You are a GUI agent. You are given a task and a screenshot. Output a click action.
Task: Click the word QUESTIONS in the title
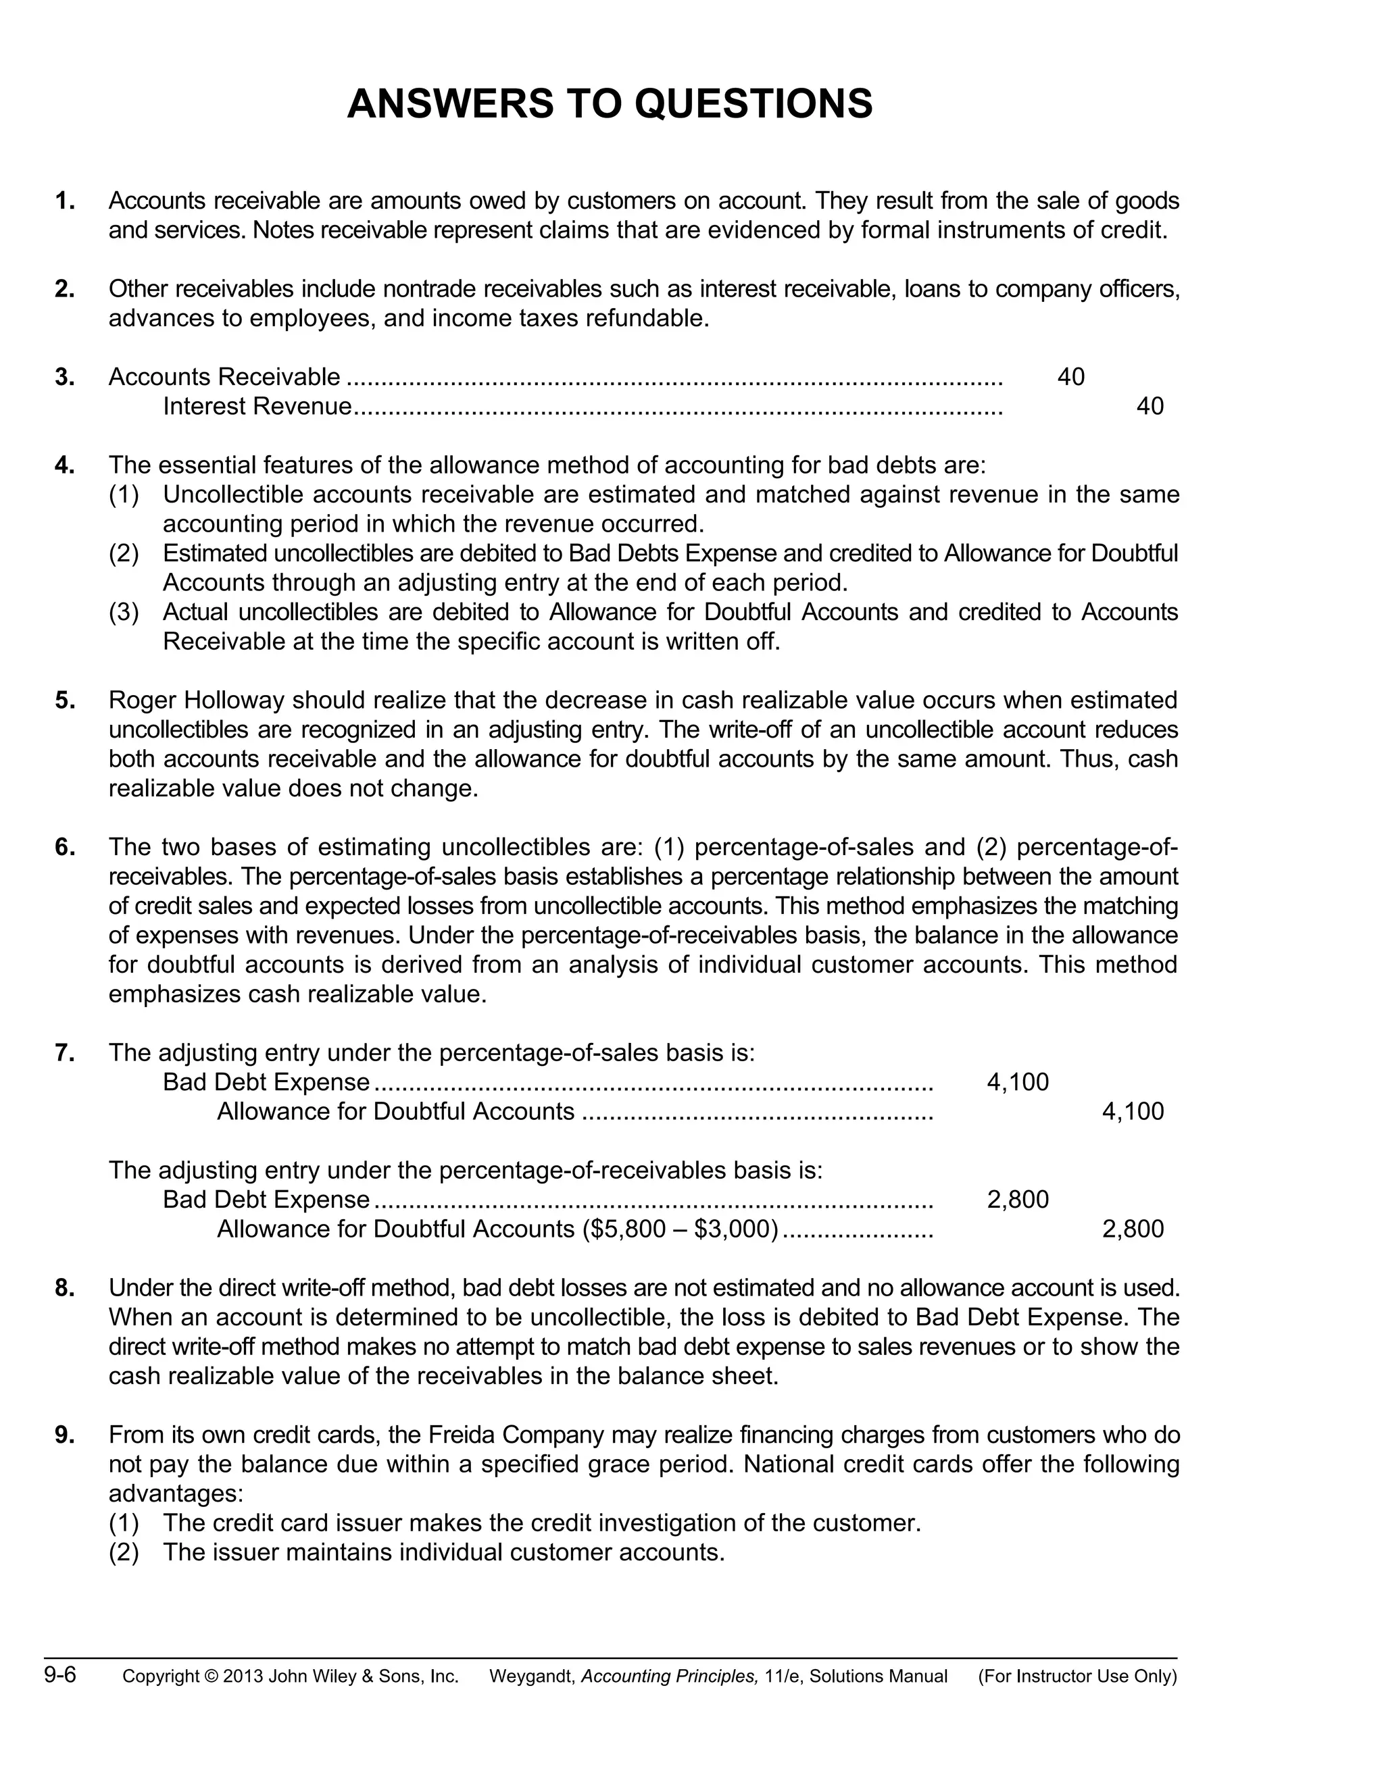tap(753, 104)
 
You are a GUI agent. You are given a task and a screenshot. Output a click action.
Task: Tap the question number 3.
tap(65, 377)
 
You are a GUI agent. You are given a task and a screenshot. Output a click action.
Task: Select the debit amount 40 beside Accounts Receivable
tap(1071, 377)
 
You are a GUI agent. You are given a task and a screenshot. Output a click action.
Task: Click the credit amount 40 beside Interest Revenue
tap(1150, 407)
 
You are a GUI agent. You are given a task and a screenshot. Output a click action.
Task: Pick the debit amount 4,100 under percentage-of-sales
tap(1018, 1083)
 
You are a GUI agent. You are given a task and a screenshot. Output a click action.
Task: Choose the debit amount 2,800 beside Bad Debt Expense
tap(1018, 1200)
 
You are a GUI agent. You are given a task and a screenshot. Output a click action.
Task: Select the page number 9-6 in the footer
tap(60, 1675)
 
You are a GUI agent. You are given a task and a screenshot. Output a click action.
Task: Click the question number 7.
tap(65, 1053)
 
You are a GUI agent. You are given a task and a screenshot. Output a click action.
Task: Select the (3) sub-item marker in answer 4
tap(124, 612)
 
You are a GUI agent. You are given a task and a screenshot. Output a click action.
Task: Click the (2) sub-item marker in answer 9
tap(124, 1552)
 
